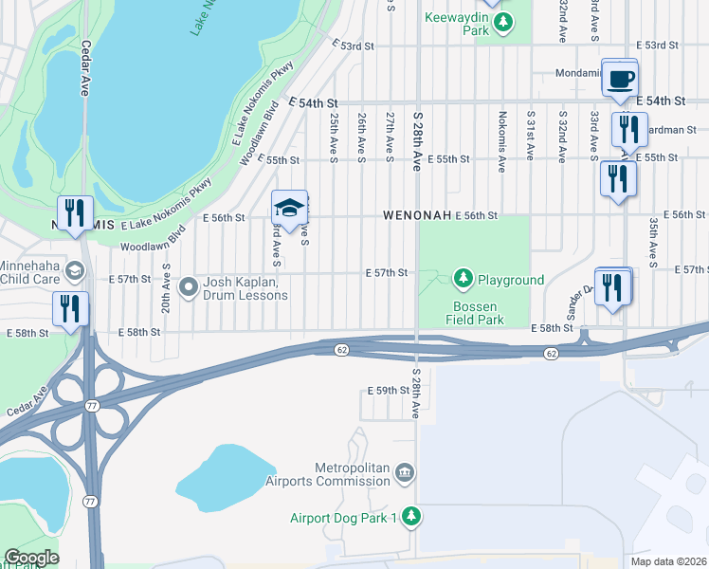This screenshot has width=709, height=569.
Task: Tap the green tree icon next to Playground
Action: point(464,279)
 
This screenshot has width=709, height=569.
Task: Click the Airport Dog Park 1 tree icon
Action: point(410,517)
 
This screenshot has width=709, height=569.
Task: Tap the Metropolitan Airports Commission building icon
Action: point(405,472)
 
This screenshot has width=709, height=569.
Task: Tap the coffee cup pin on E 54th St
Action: point(620,80)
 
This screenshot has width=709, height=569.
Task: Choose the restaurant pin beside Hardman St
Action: point(629,130)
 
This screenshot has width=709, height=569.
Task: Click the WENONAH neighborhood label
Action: point(416,216)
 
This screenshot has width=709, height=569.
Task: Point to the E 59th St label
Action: point(387,391)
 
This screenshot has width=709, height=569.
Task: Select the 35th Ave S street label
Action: point(653,238)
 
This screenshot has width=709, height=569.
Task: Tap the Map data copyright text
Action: point(667,561)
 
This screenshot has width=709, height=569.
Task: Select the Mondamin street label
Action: point(578,73)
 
